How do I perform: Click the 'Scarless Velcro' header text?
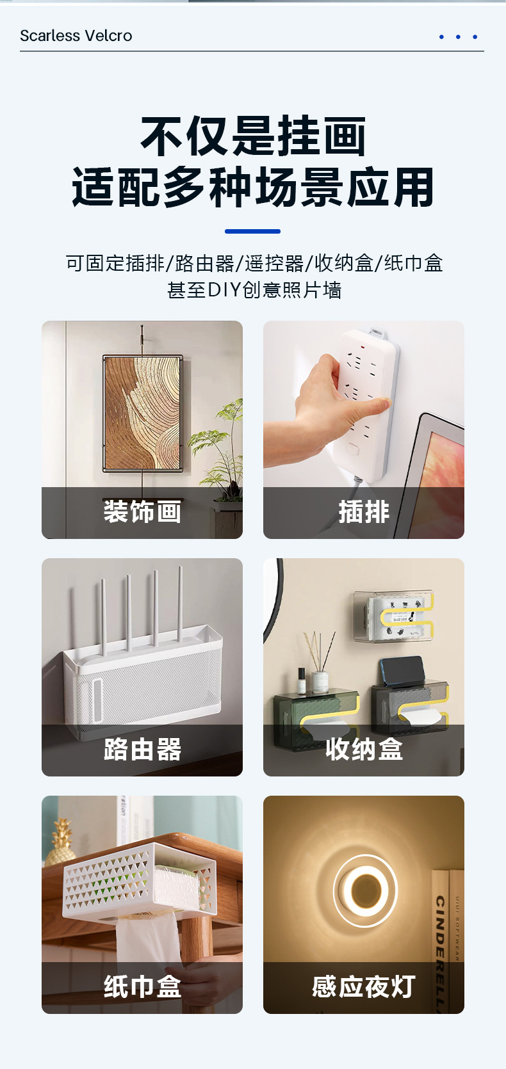76,36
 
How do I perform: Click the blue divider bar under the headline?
252,231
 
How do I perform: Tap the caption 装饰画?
142,512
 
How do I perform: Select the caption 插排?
364,512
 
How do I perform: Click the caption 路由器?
142,750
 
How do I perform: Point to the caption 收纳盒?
364,750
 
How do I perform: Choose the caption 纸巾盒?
142,987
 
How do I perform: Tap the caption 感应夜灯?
364,987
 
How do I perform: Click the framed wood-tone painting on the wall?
143,413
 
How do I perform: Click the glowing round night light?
365,890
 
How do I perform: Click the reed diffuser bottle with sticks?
320,672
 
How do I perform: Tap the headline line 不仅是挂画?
252,136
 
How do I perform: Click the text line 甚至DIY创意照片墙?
254,290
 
